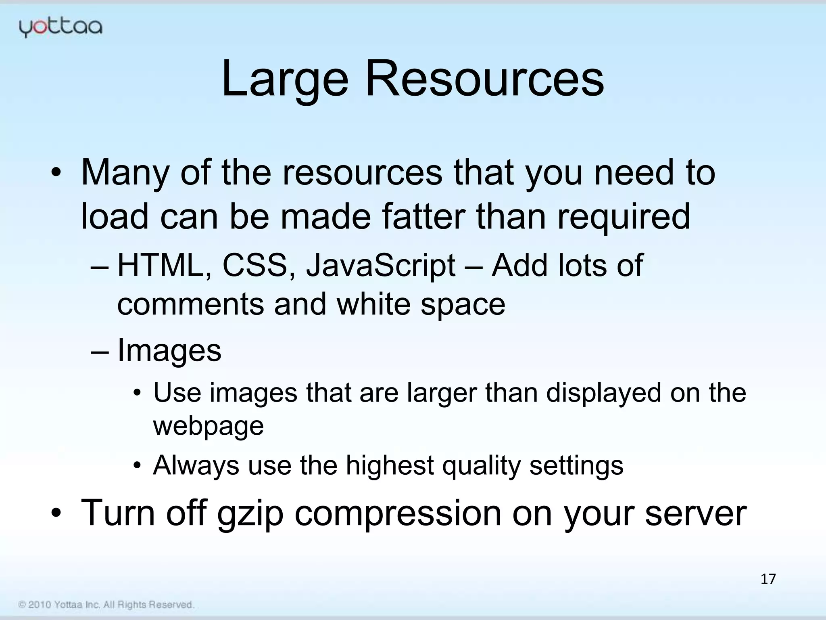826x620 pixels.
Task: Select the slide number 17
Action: click(x=768, y=579)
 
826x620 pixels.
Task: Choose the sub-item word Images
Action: click(x=169, y=350)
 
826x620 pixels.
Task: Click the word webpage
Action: click(x=208, y=426)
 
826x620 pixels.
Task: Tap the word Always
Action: click(x=196, y=466)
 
